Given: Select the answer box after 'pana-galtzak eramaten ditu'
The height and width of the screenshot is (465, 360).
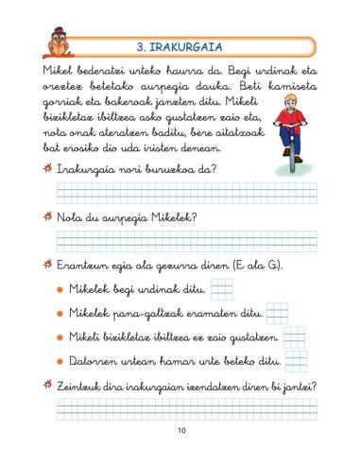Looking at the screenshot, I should (x=276, y=312).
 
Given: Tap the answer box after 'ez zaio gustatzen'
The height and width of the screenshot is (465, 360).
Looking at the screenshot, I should (x=295, y=336).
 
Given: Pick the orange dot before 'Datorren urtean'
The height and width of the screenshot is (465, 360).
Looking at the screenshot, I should (x=60, y=360).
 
